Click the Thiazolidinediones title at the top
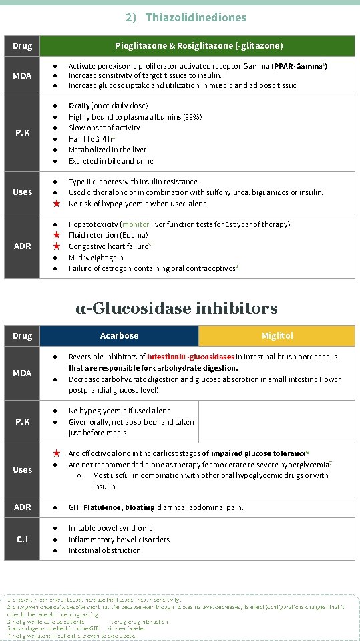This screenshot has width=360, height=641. (186, 17)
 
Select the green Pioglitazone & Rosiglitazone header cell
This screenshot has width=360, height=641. (198, 45)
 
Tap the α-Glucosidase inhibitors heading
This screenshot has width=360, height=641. (176, 308)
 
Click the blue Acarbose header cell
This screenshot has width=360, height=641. (120, 335)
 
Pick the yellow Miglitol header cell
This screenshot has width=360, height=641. (277, 335)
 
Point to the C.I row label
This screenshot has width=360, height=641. (22, 539)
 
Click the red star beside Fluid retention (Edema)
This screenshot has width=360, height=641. (57, 235)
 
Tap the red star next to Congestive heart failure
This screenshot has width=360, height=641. (57, 246)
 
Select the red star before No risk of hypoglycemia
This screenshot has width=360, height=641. (57, 204)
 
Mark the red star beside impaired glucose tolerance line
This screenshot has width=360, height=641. (57, 453)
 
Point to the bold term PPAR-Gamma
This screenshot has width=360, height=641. (298, 66)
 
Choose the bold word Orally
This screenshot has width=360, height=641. (79, 105)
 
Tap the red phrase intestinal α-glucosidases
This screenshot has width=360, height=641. (190, 357)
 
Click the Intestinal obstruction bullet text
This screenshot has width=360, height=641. (105, 550)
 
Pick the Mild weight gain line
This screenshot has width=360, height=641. (96, 258)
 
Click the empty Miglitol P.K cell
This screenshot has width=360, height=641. (277, 421)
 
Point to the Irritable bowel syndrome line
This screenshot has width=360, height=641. (112, 528)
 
